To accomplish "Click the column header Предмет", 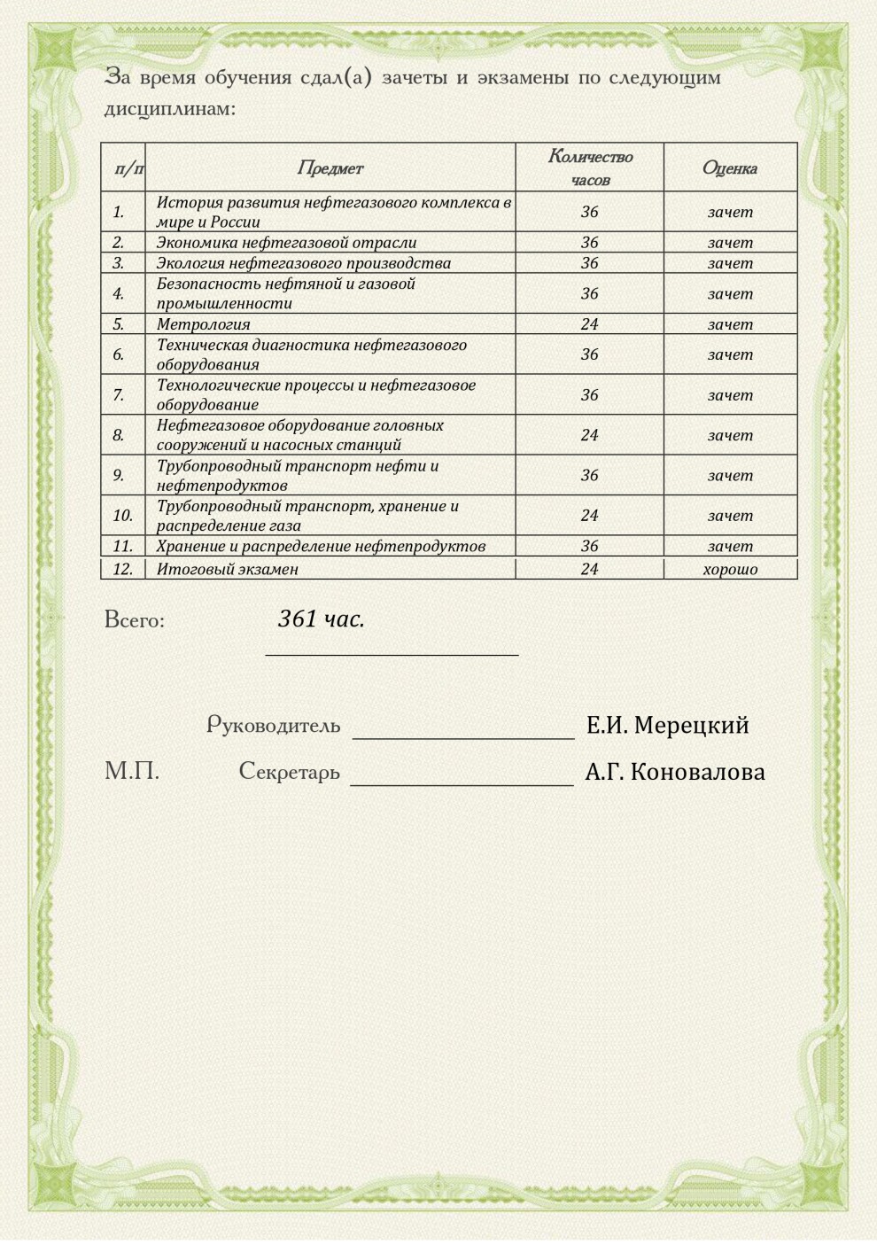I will coord(330,167).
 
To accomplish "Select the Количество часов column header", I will coord(590,167).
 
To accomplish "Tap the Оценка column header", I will coord(730,167).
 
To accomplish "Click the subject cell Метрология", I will coord(204,324).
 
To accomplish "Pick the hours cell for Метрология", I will coord(590,324).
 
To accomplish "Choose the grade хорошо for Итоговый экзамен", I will coord(730,569).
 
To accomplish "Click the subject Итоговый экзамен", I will coord(228,569).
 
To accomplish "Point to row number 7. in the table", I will coord(119,394).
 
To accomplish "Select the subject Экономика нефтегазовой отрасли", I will coord(286,242).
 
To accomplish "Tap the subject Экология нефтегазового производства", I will coord(304,263).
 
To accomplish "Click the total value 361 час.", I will coord(322,619).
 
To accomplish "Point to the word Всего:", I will coord(135,619).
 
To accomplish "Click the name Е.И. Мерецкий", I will coord(667,725).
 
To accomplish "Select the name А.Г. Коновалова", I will coord(675,772).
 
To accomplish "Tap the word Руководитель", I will coord(274,725).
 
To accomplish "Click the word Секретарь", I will coord(290,772).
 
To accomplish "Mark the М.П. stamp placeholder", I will coord(132,771).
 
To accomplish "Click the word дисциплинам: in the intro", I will coord(170,109).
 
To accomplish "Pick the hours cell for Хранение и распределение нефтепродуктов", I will coord(590,546).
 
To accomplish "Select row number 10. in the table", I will coord(122,515).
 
